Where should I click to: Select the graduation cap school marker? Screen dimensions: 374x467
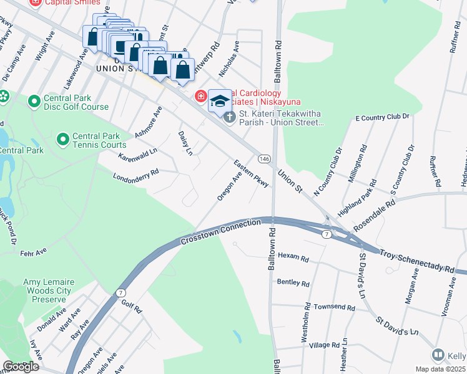tap(220, 100)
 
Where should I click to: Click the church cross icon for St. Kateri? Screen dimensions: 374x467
tap(229, 117)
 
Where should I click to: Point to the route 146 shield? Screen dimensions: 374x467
tap(265, 159)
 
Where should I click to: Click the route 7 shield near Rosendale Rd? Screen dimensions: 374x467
tap(326, 234)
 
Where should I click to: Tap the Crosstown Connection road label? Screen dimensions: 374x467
tap(220, 231)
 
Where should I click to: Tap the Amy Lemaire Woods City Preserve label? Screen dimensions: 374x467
tap(49, 290)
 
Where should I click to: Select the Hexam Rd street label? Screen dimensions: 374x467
tap(293, 257)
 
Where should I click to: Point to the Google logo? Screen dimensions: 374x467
tap(21, 367)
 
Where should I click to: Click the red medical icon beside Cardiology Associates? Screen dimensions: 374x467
tap(201, 96)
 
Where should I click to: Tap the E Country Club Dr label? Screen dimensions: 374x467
tap(381, 117)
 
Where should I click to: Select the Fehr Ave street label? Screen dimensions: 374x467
tap(33, 252)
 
